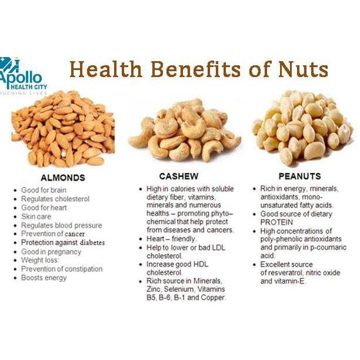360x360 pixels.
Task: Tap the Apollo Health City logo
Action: [x=24, y=76]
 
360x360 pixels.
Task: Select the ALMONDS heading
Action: [x=63, y=178]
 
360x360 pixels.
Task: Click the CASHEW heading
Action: [x=179, y=176]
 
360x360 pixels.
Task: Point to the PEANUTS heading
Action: [x=299, y=176]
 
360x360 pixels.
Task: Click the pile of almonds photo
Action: [x=63, y=129]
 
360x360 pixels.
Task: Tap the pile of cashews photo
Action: [x=184, y=131]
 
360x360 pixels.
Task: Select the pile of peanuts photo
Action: [x=302, y=128]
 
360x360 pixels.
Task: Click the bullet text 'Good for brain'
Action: [x=44, y=190]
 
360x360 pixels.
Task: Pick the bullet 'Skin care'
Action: [x=36, y=216]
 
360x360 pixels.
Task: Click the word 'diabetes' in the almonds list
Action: [x=92, y=243]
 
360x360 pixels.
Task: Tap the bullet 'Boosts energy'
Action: [x=44, y=278]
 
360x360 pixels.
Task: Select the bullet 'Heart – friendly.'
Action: [x=172, y=239]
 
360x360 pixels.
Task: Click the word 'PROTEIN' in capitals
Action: [x=276, y=222]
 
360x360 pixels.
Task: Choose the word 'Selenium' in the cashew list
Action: [x=179, y=289]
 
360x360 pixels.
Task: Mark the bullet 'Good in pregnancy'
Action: [x=51, y=252]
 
